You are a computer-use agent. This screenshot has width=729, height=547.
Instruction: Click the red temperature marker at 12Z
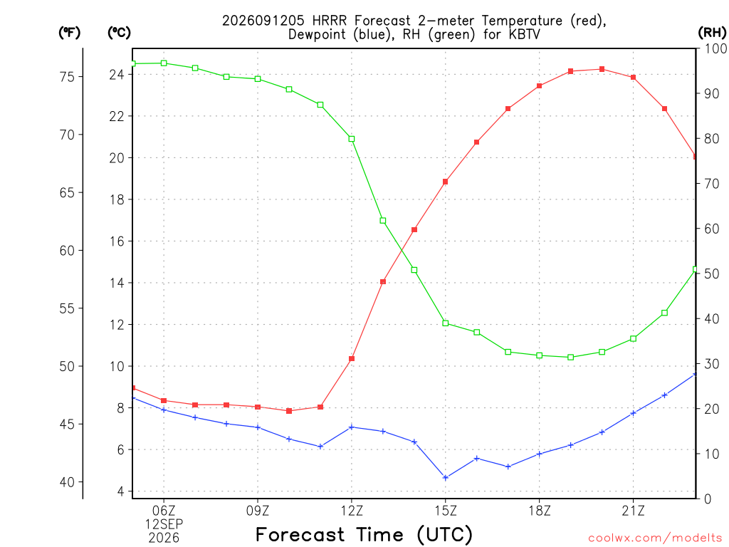point(352,359)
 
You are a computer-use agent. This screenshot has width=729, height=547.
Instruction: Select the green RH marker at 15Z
point(446,323)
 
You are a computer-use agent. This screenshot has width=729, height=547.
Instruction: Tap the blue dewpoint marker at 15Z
point(446,478)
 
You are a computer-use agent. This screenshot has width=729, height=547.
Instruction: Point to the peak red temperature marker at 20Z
point(602,69)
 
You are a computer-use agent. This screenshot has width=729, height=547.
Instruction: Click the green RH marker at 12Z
point(352,139)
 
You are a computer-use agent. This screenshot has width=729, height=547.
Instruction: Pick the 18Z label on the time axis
point(540,511)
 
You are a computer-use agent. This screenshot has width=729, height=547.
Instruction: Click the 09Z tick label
point(258,511)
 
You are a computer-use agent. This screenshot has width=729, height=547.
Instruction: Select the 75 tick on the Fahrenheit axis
point(68,77)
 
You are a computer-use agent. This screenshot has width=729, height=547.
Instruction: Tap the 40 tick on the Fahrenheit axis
point(68,482)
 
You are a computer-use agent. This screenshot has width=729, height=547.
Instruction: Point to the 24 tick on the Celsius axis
point(117,74)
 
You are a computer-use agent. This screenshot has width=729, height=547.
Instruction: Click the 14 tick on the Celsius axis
point(117,283)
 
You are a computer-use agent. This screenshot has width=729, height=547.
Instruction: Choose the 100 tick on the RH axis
point(715,48)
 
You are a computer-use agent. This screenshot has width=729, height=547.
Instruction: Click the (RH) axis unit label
point(712,33)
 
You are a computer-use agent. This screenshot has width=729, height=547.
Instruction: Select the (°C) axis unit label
point(119,33)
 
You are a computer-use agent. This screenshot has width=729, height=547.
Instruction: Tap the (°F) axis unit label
point(69,33)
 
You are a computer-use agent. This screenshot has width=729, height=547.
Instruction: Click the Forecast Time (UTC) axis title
point(364,534)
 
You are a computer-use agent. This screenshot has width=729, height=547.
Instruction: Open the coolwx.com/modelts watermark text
point(655,538)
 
